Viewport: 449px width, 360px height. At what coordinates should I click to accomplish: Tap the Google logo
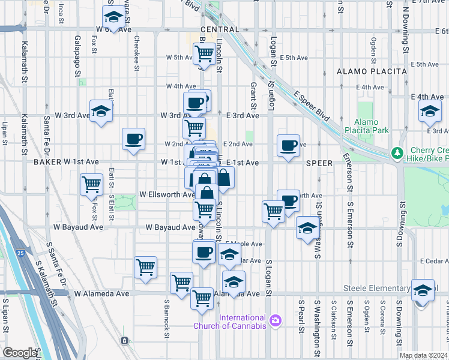pos(20,353)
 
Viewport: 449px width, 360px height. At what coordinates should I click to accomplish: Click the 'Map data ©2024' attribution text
pos(423,355)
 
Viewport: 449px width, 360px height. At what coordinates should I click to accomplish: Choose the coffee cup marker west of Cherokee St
pos(134,139)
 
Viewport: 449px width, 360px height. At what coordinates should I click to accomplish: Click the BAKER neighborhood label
pos(47,162)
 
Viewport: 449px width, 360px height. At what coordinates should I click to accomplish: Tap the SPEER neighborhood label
pos(319,163)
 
